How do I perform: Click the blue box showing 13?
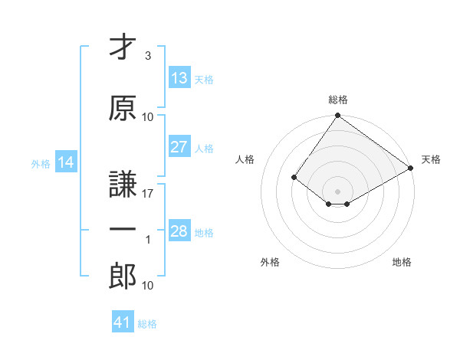[179, 78]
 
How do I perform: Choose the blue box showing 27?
[179, 147]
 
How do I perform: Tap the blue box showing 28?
[179, 231]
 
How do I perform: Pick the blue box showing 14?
[66, 162]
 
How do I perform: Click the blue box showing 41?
[123, 322]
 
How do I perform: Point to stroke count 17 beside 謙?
[148, 194]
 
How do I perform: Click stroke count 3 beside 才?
[148, 56]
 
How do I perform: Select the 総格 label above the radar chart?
[337, 100]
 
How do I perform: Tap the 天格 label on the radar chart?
[431, 159]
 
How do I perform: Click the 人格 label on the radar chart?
[245, 159]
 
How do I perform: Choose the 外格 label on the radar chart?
[270, 262]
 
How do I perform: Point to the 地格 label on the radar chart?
[402, 262]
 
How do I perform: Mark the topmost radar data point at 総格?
[337, 116]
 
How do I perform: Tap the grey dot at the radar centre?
[337, 191]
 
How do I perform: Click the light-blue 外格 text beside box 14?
[41, 163]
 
